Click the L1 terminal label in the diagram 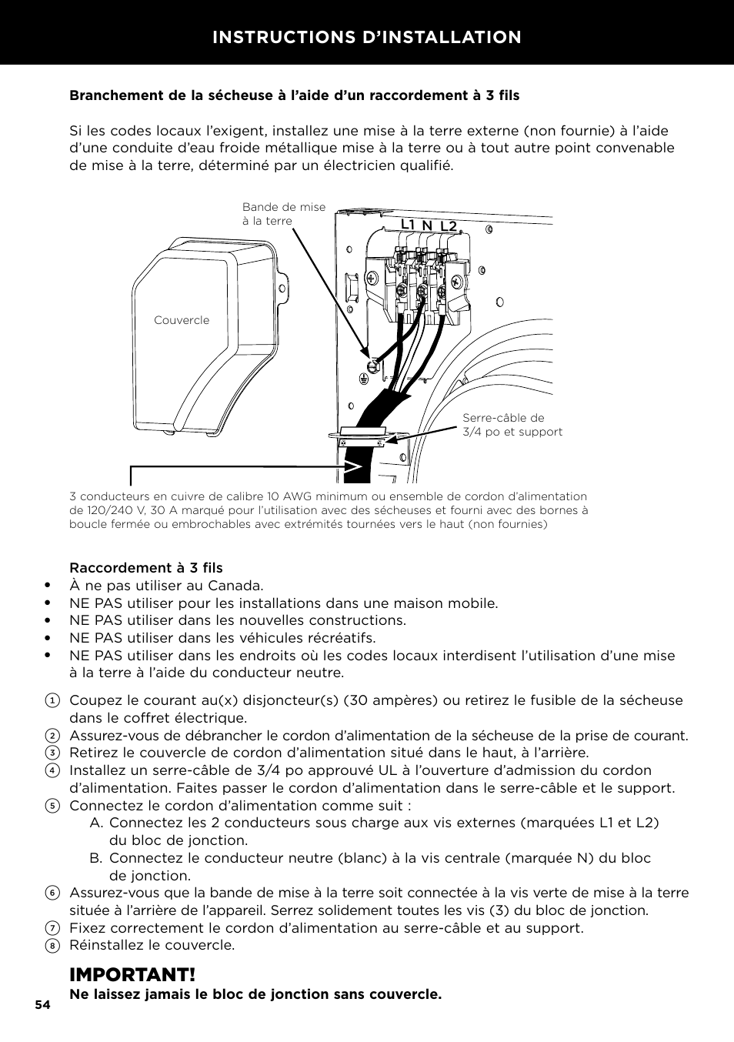(x=408, y=225)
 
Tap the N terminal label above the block (x=427, y=225)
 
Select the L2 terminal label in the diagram (x=449, y=225)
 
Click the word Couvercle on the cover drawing (x=182, y=320)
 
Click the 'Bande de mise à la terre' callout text (x=283, y=214)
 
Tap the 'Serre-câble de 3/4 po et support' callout (x=512, y=425)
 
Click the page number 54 (x=42, y=1005)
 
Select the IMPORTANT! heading (x=132, y=974)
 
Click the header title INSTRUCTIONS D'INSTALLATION (x=367, y=37)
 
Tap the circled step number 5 (x=52, y=806)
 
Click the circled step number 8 (x=52, y=946)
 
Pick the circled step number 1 (x=52, y=701)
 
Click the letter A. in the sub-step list (x=96, y=823)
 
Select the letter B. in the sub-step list (x=96, y=858)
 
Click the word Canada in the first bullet (x=236, y=586)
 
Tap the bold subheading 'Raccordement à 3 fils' (x=146, y=568)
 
